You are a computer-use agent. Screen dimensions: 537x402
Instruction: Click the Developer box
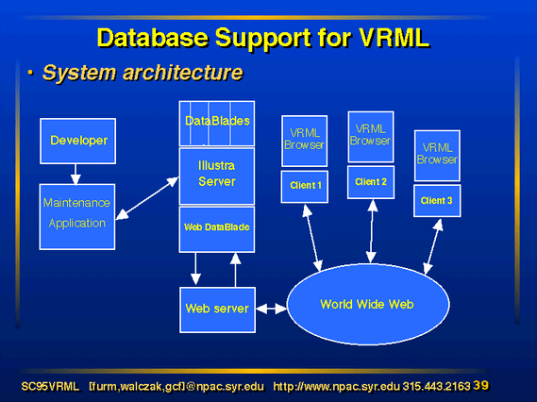tap(77, 141)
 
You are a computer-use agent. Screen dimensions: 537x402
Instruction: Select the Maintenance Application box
tap(77, 217)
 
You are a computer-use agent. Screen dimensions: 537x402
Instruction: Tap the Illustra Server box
tap(217, 176)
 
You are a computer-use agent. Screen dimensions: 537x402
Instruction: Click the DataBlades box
tap(217, 124)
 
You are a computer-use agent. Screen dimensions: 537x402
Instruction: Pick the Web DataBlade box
tap(217, 229)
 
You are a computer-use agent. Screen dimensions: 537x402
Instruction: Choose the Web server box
tap(217, 310)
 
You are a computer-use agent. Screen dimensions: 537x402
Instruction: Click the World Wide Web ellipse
tap(368, 304)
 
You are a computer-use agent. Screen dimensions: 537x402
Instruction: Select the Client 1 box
tap(305, 187)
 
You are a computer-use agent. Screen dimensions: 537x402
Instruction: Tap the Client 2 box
tap(371, 182)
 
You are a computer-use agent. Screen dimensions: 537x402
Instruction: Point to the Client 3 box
tap(437, 201)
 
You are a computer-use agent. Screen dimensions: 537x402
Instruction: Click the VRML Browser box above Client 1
tap(305, 141)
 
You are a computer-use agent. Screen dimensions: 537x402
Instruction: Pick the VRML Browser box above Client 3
tap(437, 156)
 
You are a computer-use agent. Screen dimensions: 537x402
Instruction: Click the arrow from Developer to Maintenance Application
tap(76, 175)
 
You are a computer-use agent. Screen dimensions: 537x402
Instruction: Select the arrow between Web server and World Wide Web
tap(271, 309)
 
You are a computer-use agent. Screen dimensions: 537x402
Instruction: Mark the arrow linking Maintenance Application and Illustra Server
tap(147, 198)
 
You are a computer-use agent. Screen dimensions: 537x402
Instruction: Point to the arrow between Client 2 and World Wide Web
tap(372, 231)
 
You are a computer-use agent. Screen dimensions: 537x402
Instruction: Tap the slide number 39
tap(481, 386)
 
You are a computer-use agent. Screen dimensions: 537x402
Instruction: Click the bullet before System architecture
tap(30, 73)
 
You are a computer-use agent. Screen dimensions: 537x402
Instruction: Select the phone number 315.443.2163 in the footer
tap(436, 387)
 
